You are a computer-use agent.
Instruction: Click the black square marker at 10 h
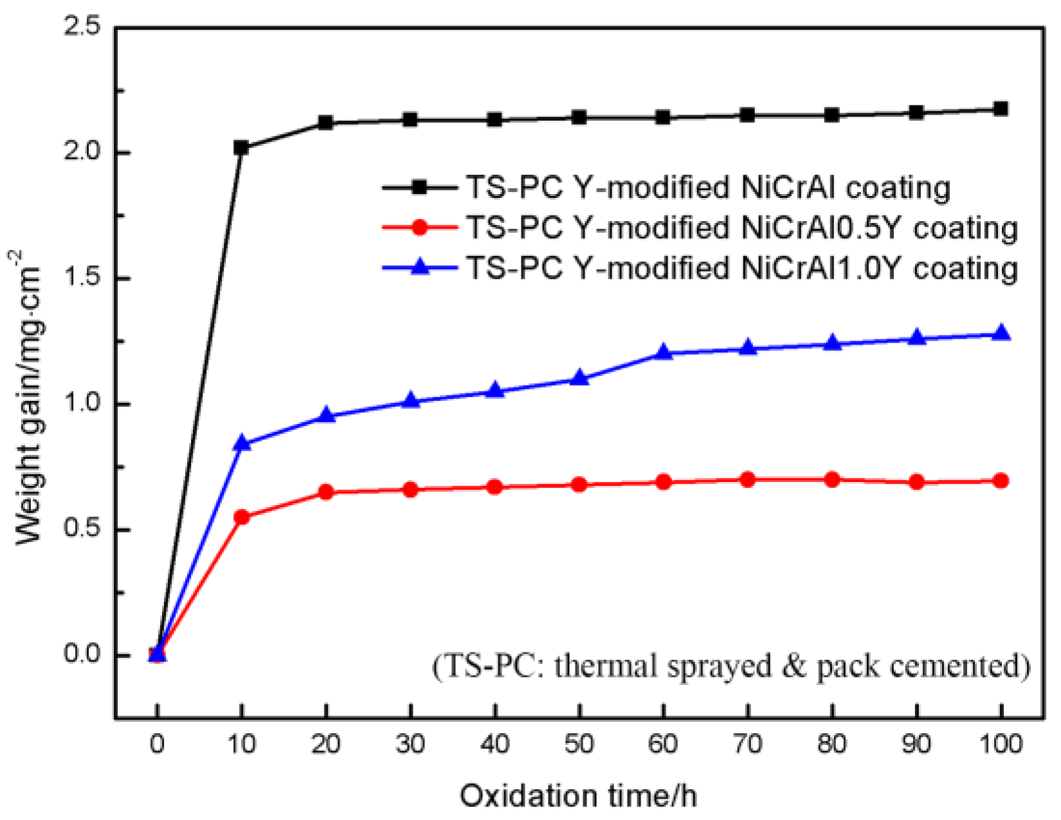pos(242,148)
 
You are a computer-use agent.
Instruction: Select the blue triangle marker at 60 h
pos(663,352)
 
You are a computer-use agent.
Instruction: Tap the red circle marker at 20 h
pos(326,492)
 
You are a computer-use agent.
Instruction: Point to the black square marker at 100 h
pos(1001,109)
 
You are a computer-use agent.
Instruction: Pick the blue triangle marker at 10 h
pos(242,442)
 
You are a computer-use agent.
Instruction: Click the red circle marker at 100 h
pos(1001,481)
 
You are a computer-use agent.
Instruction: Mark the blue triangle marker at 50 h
pos(579,378)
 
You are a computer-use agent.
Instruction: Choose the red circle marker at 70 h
pos(747,479)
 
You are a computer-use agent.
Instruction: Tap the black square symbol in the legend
pos(420,187)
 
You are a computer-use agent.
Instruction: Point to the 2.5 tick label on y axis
pos(83,27)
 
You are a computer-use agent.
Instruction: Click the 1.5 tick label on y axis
pos(83,278)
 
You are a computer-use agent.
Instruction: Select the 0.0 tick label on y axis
pos(83,654)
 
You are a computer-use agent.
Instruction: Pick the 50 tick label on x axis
pos(579,744)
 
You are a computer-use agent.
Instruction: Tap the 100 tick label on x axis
pos(1001,744)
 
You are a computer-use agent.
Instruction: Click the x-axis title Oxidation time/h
pos(578,796)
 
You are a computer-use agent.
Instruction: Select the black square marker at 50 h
pos(579,118)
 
